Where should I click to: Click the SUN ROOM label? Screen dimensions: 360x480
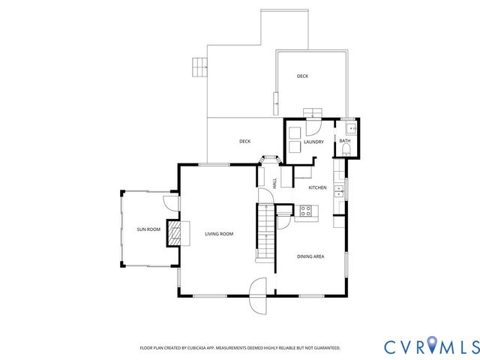click(x=148, y=229)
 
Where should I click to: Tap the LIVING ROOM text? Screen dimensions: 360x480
click(x=219, y=234)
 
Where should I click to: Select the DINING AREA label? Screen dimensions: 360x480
click(x=310, y=256)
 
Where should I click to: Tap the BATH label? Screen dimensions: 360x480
click(x=344, y=141)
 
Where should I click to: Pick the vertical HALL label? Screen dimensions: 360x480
click(x=275, y=182)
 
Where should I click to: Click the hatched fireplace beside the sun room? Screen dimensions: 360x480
click(x=174, y=232)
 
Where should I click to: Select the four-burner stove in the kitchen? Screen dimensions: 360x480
click(x=305, y=211)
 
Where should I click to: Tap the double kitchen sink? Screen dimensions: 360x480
click(x=338, y=190)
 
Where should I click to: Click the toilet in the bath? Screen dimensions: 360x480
click(x=344, y=151)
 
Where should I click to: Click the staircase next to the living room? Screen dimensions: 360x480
click(x=265, y=231)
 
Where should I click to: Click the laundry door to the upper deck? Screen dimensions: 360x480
click(x=313, y=114)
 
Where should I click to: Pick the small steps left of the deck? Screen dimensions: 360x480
click(x=199, y=67)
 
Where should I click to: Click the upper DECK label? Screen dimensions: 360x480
click(x=302, y=76)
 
